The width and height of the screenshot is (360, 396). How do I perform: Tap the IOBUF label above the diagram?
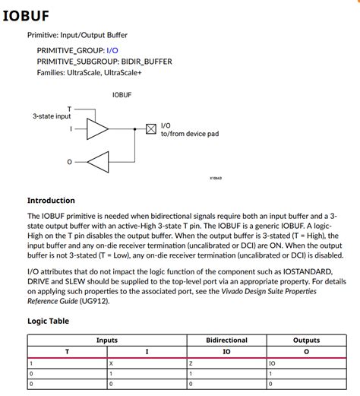coord(122,95)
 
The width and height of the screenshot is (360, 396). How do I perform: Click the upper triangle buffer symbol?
coord(97,128)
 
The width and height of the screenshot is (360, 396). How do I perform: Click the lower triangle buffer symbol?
coord(98,161)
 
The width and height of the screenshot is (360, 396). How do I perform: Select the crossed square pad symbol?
coord(150,128)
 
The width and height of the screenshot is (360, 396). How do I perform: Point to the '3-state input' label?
coord(52,116)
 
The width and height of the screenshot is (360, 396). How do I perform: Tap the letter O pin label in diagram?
coord(70,161)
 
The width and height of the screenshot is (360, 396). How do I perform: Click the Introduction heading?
coord(51,201)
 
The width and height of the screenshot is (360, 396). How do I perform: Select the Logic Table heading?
coord(48,321)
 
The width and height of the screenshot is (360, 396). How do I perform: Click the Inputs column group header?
coord(106,341)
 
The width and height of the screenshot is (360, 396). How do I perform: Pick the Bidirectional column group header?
coord(226,341)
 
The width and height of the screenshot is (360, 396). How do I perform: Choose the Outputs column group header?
coord(306,341)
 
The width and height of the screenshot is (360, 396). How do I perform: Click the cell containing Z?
coord(191,363)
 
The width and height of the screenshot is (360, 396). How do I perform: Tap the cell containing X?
coord(111,363)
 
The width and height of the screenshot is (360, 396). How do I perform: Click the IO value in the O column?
coord(273,363)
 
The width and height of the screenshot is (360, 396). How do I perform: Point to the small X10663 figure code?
coord(216,178)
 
